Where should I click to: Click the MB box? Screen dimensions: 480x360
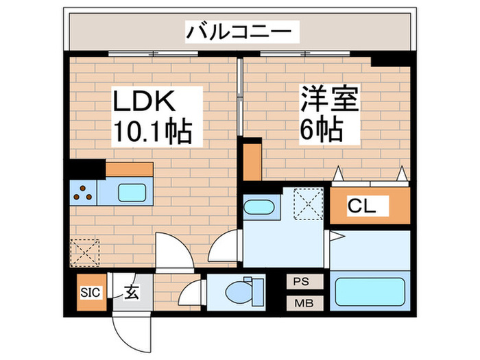click(302, 302)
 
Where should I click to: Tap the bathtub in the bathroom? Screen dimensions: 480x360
click(371, 291)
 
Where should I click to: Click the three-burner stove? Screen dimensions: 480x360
click(83, 193)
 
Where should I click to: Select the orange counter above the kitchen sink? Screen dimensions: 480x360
click(129, 169)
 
